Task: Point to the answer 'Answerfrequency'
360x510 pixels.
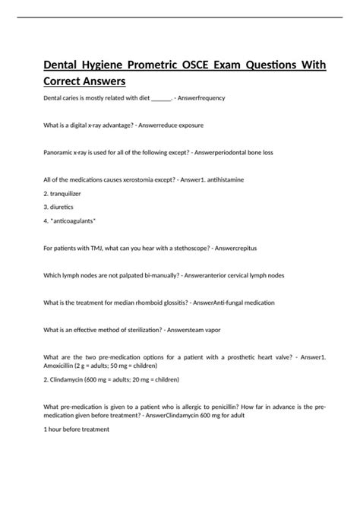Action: tap(201, 99)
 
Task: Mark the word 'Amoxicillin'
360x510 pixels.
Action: tap(64, 365)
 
